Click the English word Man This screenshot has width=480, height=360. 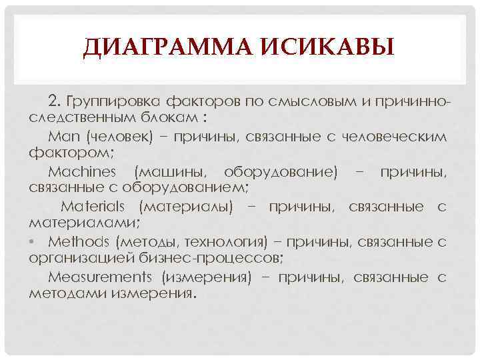(64, 137)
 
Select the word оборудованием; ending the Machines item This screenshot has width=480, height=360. (191, 189)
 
